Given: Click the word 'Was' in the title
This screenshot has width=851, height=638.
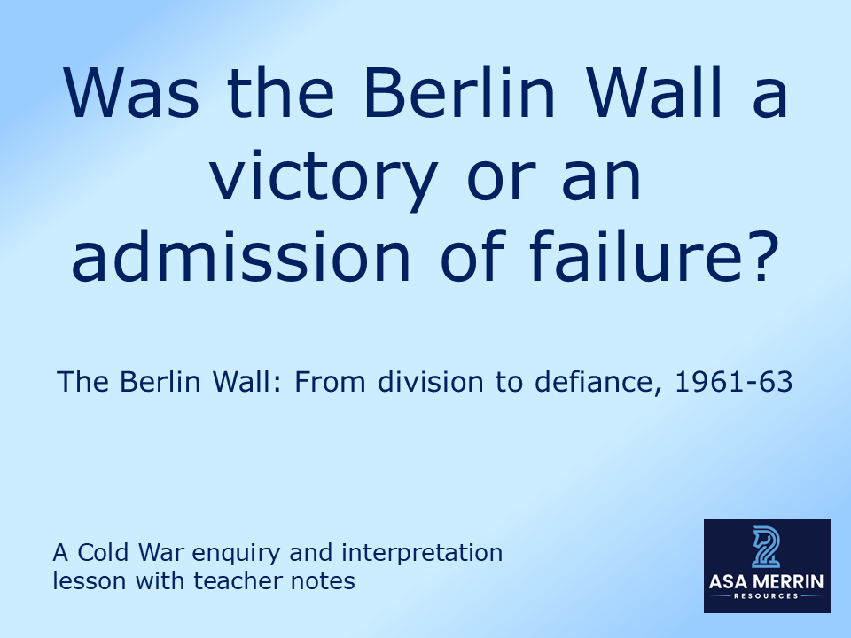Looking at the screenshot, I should [x=122, y=96].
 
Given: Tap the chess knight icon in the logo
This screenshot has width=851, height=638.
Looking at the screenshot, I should [x=766, y=547].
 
